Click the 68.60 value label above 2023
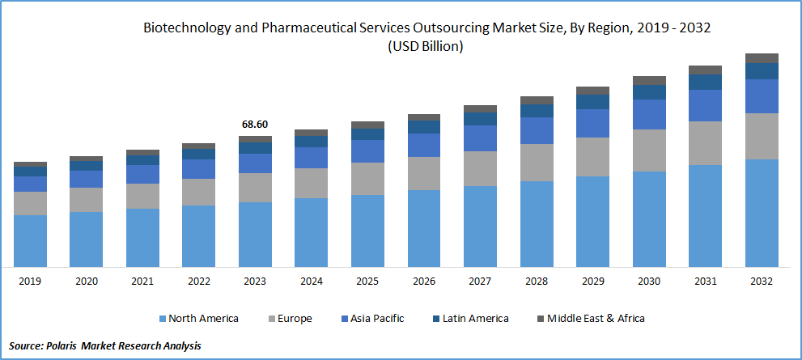pos(255,125)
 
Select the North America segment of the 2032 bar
pos(761,213)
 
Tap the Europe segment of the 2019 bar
pos(30,203)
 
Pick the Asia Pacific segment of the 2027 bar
pos(480,138)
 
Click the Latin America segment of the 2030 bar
pos(648,92)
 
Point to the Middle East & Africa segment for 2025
pos(367,125)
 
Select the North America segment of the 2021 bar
pos(142,237)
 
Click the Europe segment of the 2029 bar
pos(592,157)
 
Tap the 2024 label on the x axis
pos(311,282)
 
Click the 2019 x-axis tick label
pos(30,282)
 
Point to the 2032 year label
pos(761,282)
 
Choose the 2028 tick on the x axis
pos(536,282)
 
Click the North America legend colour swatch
pos(162,319)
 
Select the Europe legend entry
pos(296,319)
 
